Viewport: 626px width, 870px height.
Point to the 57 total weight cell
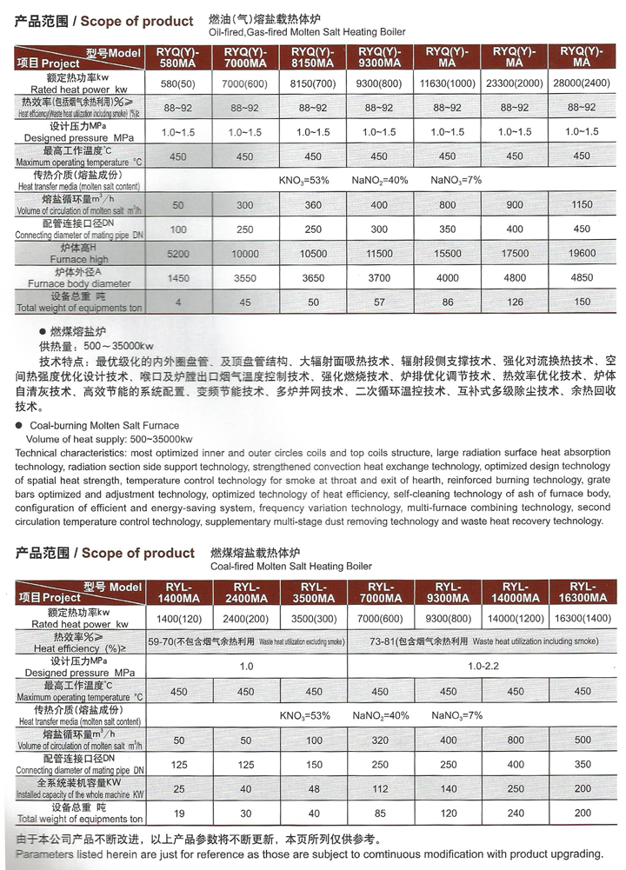point(378,302)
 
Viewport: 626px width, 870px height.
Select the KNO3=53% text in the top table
point(303,180)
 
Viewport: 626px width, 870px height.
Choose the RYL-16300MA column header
point(583,593)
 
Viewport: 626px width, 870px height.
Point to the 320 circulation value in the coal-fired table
point(378,740)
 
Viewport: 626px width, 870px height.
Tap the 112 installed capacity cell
point(378,789)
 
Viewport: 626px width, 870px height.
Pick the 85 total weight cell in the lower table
point(378,814)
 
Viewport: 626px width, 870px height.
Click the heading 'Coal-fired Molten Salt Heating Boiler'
point(291,566)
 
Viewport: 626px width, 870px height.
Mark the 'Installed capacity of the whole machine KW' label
point(79,794)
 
